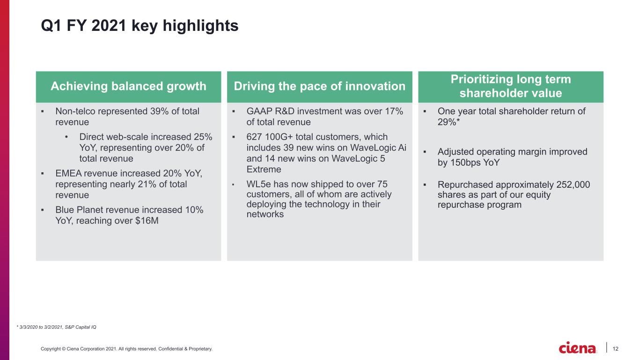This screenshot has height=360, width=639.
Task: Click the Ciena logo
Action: point(577,348)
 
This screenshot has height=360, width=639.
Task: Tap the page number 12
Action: point(615,349)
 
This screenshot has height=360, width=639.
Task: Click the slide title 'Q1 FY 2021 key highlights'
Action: point(140,26)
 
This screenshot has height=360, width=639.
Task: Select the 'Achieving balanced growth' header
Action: point(128,86)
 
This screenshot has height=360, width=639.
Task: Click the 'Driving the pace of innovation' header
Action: point(319,86)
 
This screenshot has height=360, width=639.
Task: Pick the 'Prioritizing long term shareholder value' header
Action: point(511,86)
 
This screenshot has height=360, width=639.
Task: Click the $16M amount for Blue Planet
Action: point(147,220)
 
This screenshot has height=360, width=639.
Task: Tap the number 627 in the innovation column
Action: point(254,137)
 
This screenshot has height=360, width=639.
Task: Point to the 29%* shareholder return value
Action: point(448,122)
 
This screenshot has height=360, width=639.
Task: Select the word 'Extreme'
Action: point(264,169)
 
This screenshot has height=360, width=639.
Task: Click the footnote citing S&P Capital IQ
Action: point(57,327)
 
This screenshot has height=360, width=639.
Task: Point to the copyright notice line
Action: point(126,349)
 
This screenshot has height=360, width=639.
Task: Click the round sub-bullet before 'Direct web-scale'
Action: point(66,137)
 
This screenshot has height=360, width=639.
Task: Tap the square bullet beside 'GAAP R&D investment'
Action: point(233,111)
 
